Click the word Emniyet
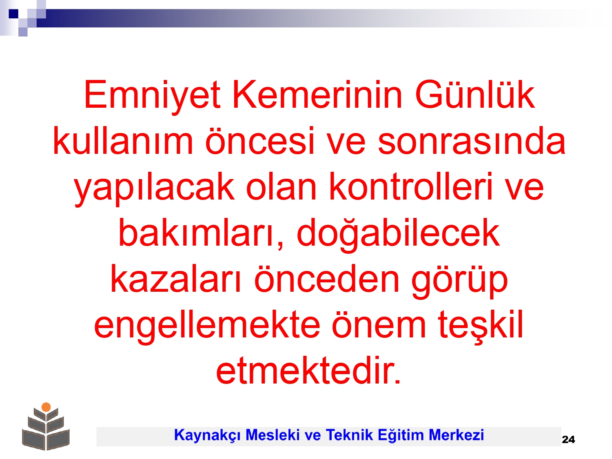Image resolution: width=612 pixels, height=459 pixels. point(152,96)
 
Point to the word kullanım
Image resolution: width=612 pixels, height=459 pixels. point(123,140)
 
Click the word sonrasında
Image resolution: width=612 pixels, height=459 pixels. point(471,140)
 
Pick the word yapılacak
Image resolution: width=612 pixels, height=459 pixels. point(154,188)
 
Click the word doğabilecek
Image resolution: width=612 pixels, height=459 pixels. point(398,234)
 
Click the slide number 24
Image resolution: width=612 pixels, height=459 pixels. point(568,439)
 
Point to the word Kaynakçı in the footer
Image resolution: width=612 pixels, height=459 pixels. point(207,435)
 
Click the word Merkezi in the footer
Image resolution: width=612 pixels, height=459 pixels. point(456,435)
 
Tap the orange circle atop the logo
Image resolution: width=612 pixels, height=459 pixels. point(46,407)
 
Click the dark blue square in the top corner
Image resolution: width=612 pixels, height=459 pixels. point(13,13)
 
